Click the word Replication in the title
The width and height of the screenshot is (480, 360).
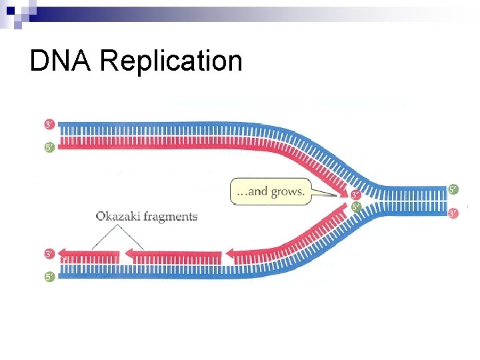[171, 62]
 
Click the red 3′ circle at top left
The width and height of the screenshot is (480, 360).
[50, 125]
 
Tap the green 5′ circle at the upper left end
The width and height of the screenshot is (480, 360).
[50, 147]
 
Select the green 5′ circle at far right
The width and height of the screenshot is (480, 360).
[454, 190]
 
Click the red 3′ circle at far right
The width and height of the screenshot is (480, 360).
[454, 213]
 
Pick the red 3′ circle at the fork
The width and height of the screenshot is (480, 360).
[355, 195]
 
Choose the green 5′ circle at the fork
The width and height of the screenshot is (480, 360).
[355, 207]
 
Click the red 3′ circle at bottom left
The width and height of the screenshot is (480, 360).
[50, 254]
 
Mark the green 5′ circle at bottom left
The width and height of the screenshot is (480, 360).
[50, 277]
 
